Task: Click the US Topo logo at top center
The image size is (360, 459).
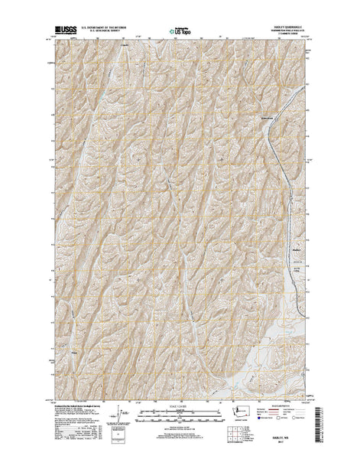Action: [x=181, y=32]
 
